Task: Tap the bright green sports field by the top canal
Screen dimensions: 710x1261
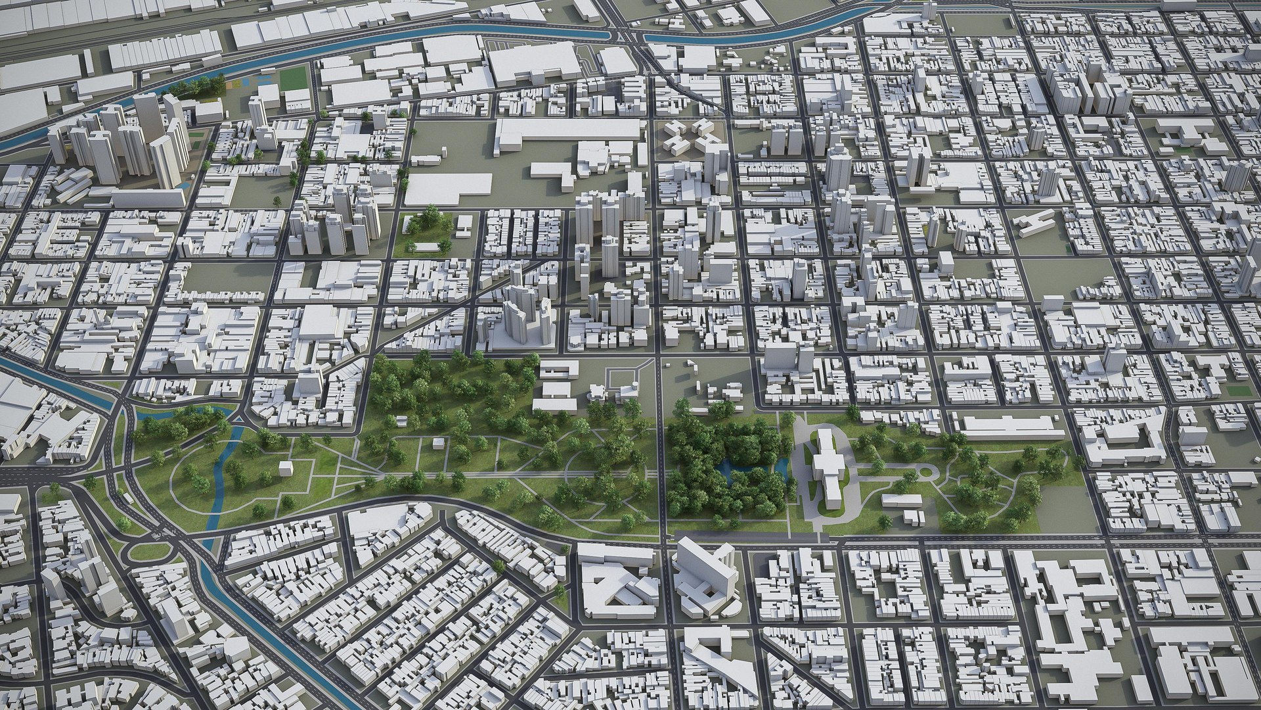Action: pos(294,79)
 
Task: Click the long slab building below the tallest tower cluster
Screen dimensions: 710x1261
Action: pos(148,197)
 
